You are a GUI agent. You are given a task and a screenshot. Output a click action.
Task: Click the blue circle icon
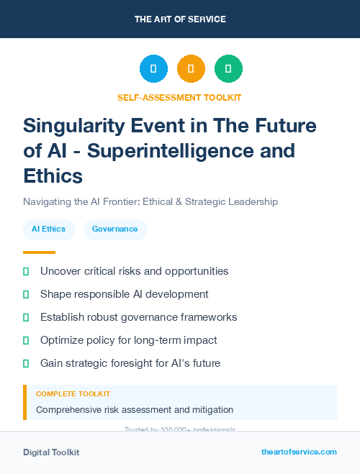point(153,68)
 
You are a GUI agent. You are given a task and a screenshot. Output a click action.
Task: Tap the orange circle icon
point(191,68)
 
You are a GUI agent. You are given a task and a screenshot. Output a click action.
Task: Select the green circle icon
point(228,68)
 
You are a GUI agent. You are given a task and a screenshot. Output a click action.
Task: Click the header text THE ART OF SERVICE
point(180,19)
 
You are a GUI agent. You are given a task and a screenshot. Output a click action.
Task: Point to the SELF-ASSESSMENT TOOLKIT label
point(179,97)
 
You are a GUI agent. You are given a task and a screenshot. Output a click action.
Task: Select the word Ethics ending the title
point(53,176)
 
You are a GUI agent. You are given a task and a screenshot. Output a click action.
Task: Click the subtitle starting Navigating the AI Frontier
point(150,201)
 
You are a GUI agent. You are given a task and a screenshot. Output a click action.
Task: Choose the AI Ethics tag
point(49,229)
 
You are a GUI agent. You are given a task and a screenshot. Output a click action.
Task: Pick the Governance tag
point(115,229)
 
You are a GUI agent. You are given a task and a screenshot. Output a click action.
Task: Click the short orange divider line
point(39,252)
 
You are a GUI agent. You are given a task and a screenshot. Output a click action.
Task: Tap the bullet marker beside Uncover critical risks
point(26,271)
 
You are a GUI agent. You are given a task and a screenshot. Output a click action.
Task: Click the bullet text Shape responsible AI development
point(125,294)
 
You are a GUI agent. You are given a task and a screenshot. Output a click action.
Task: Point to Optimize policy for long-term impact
point(129,340)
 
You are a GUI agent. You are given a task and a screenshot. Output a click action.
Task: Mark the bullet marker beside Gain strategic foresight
point(26,363)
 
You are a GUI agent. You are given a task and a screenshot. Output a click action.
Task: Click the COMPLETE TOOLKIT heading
point(73,394)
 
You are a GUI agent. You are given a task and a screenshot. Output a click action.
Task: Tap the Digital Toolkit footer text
point(51,452)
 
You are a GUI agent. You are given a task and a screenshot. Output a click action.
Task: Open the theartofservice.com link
point(299,452)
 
